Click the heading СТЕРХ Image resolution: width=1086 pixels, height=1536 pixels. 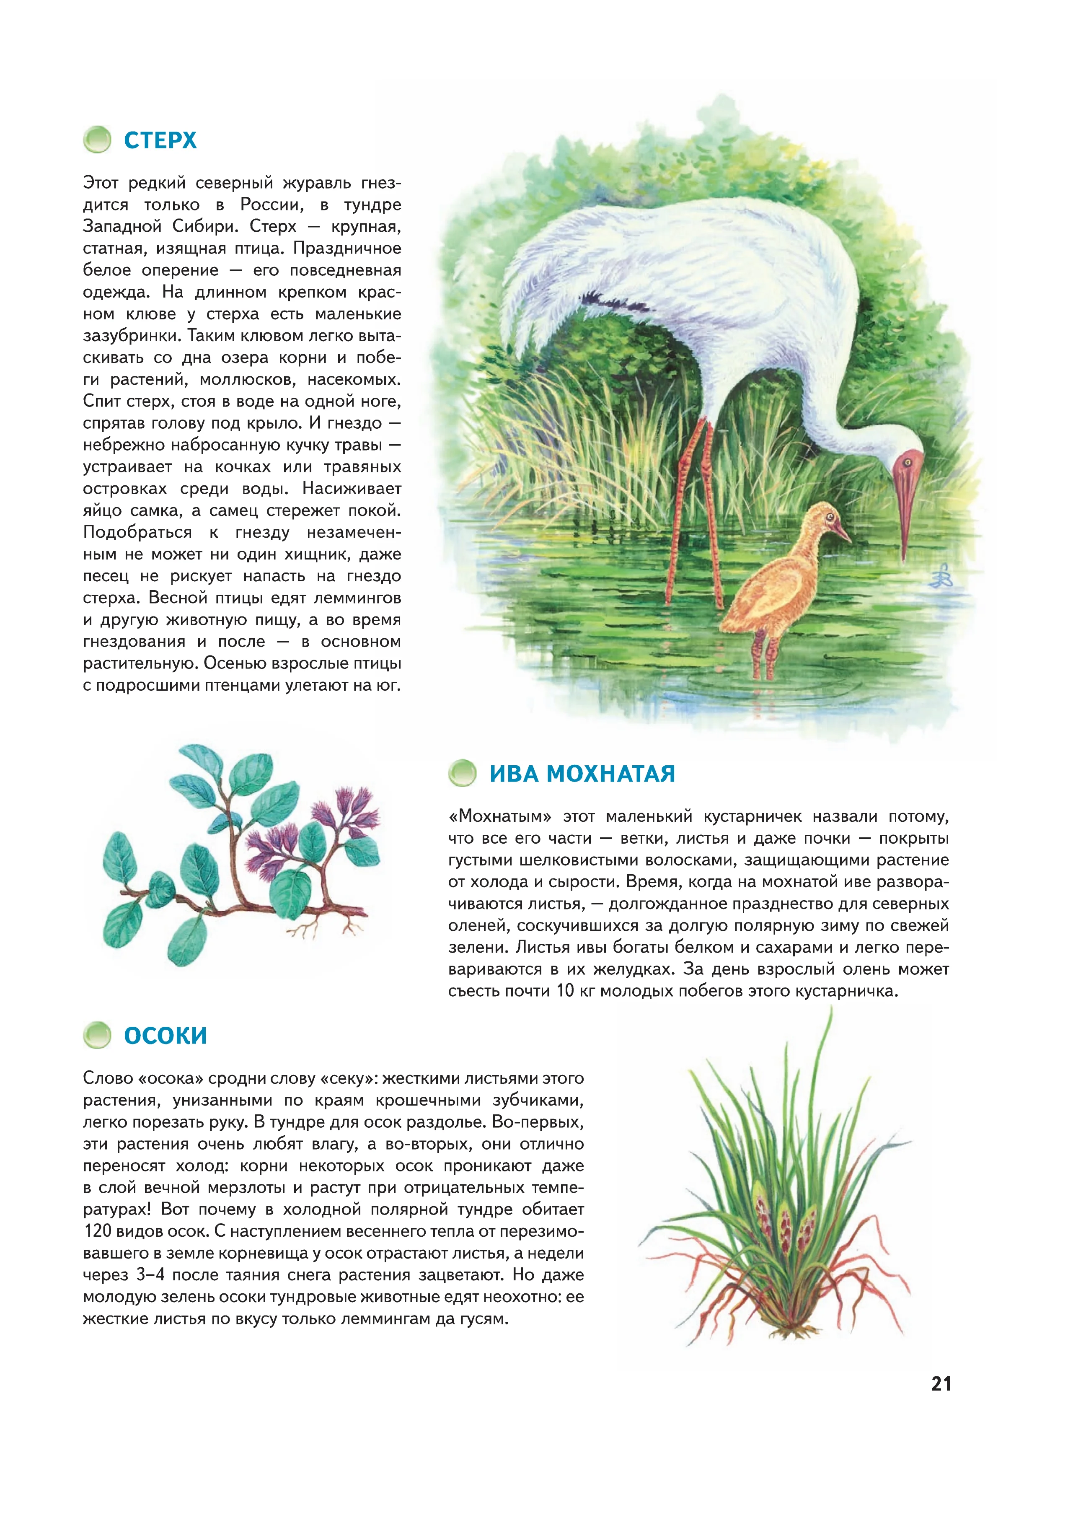pos(160,140)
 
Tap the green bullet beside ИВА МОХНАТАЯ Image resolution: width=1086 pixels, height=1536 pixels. pos(463,773)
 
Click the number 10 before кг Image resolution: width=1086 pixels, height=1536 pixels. pos(565,991)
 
